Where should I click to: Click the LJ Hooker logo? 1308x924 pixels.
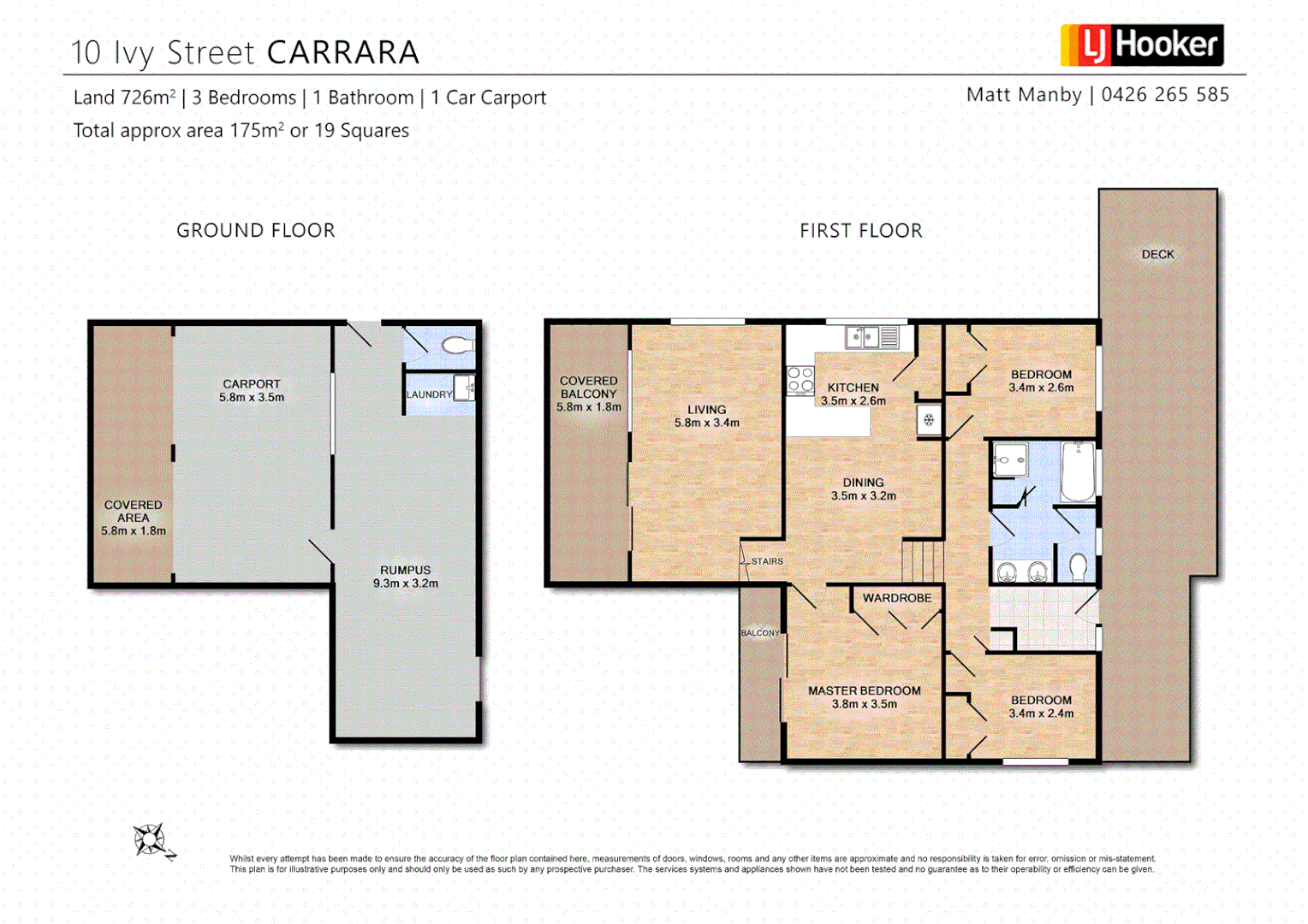1142,45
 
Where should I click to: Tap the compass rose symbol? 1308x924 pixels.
151,840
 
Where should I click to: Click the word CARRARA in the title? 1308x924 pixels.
342,53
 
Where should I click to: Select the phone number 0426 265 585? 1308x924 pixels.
1165,95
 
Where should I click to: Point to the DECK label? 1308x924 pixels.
1157,254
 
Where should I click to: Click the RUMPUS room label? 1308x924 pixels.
405,570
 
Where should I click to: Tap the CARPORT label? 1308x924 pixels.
252,384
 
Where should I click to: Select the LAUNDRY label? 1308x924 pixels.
428,394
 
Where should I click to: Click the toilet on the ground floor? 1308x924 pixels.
457,346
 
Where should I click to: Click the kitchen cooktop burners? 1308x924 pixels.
800,380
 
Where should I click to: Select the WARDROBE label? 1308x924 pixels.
896,598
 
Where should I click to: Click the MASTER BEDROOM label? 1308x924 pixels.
865,690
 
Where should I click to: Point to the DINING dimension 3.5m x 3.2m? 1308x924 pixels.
863,496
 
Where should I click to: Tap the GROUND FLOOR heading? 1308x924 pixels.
255,231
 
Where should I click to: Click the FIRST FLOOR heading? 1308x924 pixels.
860,231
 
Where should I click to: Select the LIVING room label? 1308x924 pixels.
706,410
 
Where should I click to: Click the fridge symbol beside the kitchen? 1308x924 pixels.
929,420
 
